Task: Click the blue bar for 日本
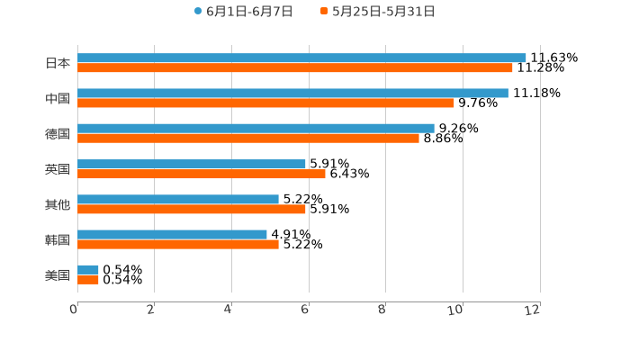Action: click(301, 58)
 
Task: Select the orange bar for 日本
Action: click(295, 67)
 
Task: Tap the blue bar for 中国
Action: click(292, 93)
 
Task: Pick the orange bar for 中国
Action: click(265, 103)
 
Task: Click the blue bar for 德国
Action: click(256, 128)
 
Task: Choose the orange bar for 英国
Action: click(202, 174)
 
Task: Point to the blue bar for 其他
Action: click(178, 199)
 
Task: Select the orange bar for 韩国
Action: click(178, 244)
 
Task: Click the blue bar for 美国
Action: click(88, 269)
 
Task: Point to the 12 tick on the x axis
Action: click(533, 310)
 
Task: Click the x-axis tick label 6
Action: click(305, 310)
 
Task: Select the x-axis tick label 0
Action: click(74, 310)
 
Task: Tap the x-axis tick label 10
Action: click(456, 310)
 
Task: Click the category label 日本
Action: click(58, 63)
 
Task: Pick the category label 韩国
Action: click(58, 239)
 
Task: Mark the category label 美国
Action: click(58, 274)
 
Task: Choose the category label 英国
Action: click(58, 168)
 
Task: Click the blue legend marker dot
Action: click(198, 12)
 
